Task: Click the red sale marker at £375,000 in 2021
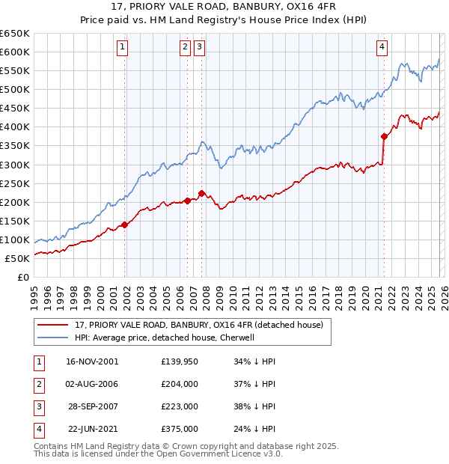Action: (384, 136)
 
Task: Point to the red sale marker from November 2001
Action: (125, 225)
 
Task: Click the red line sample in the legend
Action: (52, 325)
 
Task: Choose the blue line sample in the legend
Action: (52, 338)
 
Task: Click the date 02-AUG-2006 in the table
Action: (92, 384)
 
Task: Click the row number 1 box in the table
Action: (37, 361)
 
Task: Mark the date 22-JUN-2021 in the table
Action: (92, 429)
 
